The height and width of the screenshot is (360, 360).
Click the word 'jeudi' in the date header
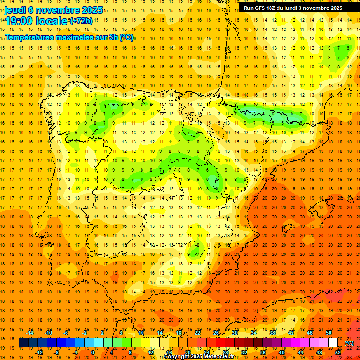pyautogui.click(x=15, y=10)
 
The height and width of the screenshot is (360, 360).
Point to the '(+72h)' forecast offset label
pyautogui.click(x=81, y=21)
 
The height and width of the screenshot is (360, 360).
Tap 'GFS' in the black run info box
pyautogui.click(x=260, y=8)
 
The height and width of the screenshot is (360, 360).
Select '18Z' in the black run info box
pyautogui.click(x=273, y=8)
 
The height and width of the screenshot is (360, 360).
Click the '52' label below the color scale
pyautogui.click(x=338, y=352)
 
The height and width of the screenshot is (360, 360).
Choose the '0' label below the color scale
pyautogui.click(x=93, y=352)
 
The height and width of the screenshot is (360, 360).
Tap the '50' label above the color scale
pyautogui.click(x=329, y=333)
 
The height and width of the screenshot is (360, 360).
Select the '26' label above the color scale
pyautogui.click(x=216, y=333)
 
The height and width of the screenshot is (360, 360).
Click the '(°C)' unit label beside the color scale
pyautogui.click(x=349, y=343)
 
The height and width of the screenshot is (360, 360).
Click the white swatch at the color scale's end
pyautogui.click(x=333, y=343)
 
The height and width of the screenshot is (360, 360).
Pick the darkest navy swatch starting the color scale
pyautogui.click(x=23, y=343)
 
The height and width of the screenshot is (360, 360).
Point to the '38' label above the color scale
pyautogui.click(x=272, y=333)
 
